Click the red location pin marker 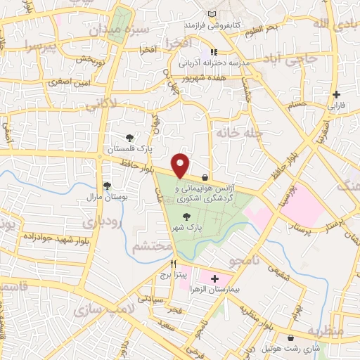pyautogui.click(x=181, y=165)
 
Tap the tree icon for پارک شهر pyautogui.click(x=186, y=217)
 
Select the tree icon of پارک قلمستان pyautogui.click(x=129, y=138)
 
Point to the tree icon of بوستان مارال pyautogui.click(x=107, y=186)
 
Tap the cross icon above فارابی pyautogui.click(x=337, y=94)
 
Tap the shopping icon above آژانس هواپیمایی pyautogui.click(x=205, y=177)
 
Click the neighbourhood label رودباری pyautogui.click(x=103, y=222)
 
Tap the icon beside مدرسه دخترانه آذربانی pyautogui.click(x=214, y=52)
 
